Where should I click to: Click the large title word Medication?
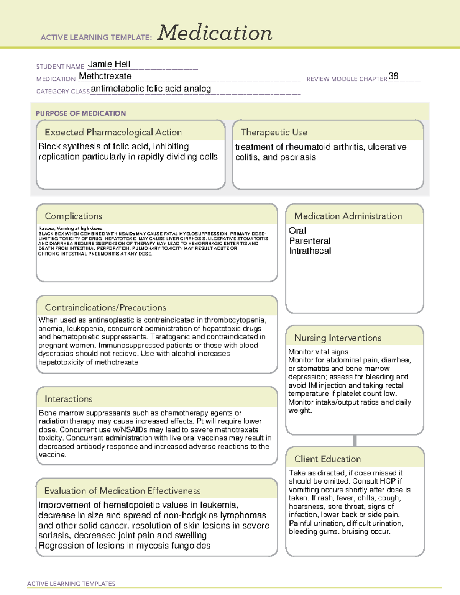214,33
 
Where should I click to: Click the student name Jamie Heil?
109,64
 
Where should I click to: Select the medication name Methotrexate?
105,76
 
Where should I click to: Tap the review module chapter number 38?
393,76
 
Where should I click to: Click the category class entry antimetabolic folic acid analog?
151,89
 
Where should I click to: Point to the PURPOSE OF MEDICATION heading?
81,113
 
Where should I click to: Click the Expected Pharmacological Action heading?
113,132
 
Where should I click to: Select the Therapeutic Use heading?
274,132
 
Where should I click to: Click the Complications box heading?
73,216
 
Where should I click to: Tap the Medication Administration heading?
348,216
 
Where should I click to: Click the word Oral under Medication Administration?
297,231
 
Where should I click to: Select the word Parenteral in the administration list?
310,241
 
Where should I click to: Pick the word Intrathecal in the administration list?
310,251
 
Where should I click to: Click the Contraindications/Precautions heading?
105,308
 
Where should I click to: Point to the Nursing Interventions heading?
337,338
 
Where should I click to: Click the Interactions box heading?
69,399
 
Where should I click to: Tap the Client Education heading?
327,459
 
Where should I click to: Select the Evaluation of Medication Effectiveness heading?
122,491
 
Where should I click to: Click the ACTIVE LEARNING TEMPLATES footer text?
71,584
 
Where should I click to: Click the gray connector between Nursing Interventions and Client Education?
355,441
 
